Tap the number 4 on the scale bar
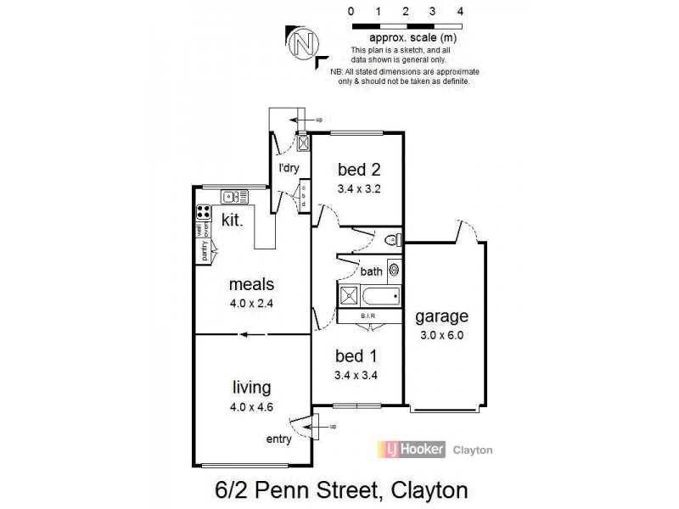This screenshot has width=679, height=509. tap(459, 12)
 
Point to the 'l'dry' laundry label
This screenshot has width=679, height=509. tap(289, 168)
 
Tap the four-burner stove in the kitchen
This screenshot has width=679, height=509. tap(204, 213)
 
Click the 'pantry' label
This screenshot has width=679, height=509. tap(204, 250)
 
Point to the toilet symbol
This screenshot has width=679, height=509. tap(391, 238)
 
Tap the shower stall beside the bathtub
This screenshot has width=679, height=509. tap(349, 297)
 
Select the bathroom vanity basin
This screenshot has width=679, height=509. tap(394, 271)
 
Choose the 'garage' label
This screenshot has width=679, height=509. tap(441, 317)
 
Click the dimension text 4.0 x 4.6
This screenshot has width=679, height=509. tap(252, 407)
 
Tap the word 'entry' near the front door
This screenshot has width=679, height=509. tap(279, 439)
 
